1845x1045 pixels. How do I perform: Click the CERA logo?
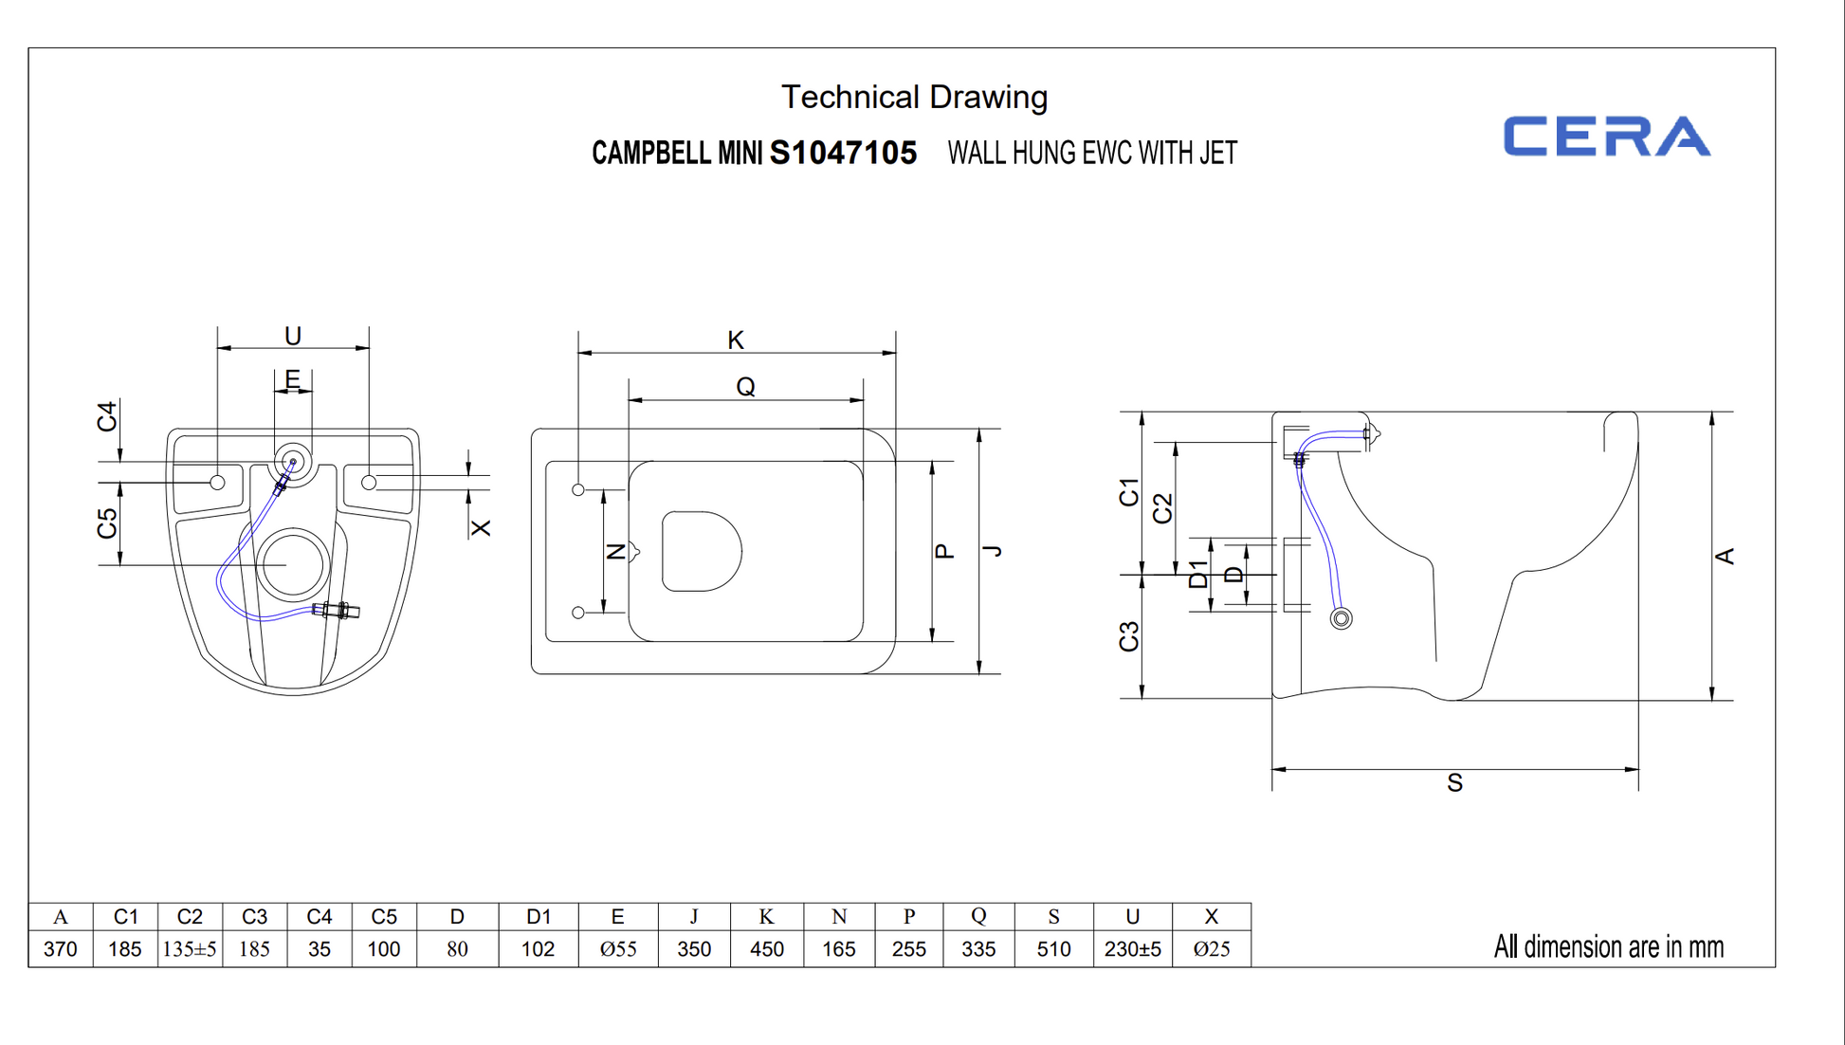tap(1607, 136)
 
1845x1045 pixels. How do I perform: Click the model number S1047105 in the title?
tap(843, 153)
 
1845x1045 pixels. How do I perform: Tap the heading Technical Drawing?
tap(914, 97)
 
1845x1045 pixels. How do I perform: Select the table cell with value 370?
tap(61, 948)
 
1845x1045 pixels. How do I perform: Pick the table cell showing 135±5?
tap(190, 948)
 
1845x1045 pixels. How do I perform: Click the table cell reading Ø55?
tap(618, 948)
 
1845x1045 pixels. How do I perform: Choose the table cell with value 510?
tap(1053, 948)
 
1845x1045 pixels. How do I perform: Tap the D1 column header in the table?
tap(539, 916)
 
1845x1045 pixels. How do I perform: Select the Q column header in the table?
tap(978, 916)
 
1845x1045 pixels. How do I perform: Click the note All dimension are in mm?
tap(1609, 946)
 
